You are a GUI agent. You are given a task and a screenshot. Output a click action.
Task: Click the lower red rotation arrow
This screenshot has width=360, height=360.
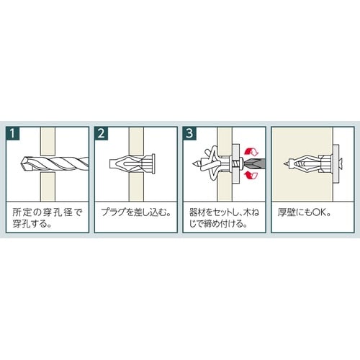(x=251, y=175)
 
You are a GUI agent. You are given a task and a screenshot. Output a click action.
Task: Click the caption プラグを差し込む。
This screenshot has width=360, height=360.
(x=134, y=213)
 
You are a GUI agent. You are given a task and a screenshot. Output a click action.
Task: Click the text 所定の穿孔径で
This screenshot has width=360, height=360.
(x=48, y=213)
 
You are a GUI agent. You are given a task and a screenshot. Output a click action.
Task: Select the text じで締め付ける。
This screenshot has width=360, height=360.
(x=214, y=225)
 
